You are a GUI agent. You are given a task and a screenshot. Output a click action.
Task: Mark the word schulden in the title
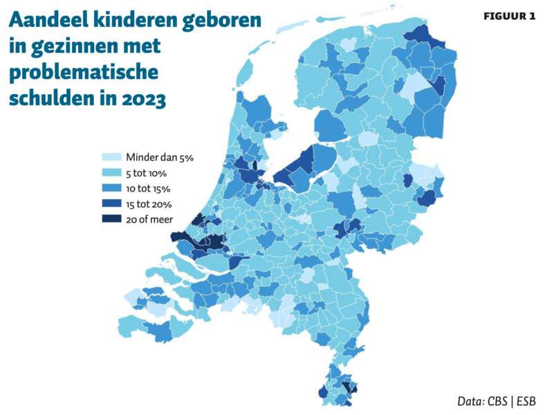coord(46,99)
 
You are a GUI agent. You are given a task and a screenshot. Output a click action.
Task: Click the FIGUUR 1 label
coord(508,17)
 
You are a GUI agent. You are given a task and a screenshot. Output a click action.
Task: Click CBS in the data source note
coord(497,401)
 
